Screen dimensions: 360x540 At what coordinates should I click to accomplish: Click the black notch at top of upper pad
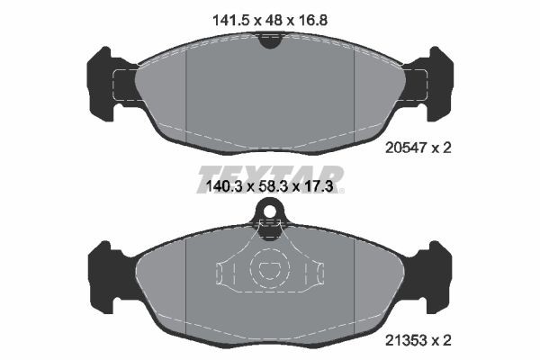click(x=269, y=39)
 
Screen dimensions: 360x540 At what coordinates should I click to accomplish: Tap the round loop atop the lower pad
click(x=269, y=212)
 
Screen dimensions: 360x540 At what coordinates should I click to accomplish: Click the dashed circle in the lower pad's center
click(x=269, y=268)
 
